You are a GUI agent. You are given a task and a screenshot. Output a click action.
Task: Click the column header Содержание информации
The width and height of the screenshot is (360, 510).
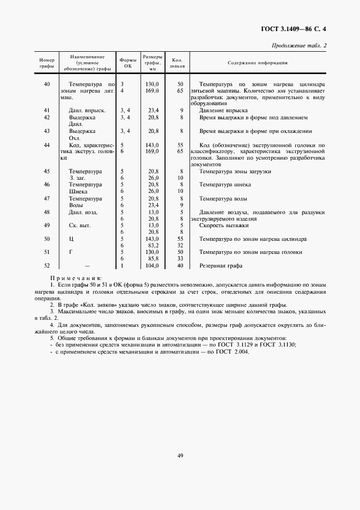point(258,63)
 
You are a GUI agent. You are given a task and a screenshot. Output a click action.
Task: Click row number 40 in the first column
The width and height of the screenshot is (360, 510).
point(47,84)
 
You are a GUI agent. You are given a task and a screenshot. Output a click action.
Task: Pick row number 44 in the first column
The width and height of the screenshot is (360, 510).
point(47,145)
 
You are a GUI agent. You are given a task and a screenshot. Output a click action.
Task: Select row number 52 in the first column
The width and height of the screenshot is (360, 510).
point(47,266)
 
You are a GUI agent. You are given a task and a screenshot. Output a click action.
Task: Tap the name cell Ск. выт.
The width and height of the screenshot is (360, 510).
point(80,225)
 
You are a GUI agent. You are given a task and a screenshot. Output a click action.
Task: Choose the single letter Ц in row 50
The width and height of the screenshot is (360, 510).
point(71,239)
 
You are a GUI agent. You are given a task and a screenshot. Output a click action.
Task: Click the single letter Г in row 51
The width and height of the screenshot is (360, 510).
point(71,252)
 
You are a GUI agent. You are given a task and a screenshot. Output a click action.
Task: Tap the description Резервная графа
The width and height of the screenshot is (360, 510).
point(221,266)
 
